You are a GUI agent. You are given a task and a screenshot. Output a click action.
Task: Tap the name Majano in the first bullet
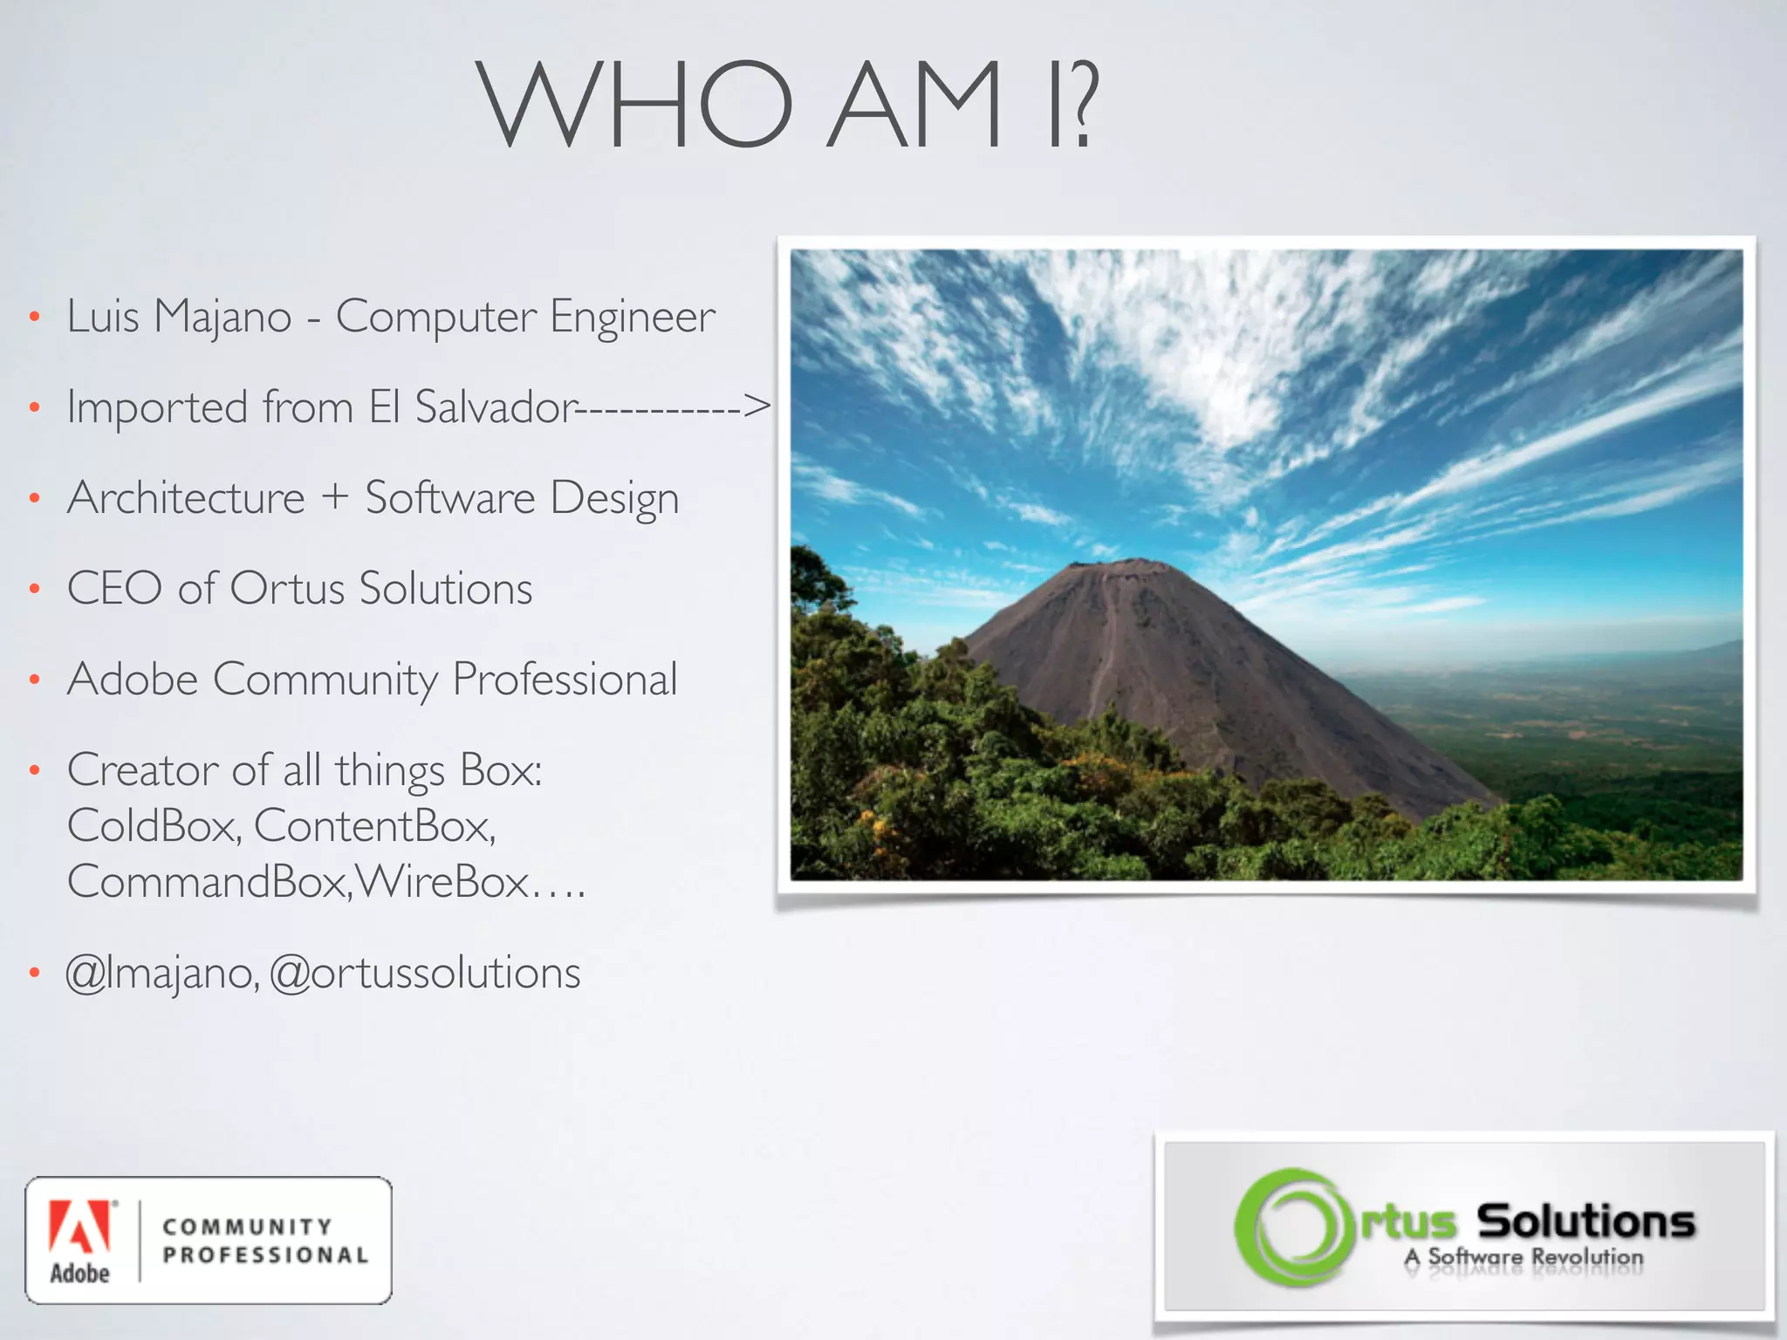coord(223,317)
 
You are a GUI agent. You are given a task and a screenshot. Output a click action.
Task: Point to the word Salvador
coord(494,407)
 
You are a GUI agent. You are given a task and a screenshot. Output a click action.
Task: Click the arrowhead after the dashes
coord(757,405)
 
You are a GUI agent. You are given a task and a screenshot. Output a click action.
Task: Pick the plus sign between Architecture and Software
coord(334,497)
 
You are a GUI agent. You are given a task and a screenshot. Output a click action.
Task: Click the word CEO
coord(114,588)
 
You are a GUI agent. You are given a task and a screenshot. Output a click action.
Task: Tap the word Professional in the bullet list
coord(565,680)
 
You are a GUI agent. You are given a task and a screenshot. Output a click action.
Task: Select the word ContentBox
coord(374,825)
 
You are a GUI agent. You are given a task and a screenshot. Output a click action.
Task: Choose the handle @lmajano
coord(162,974)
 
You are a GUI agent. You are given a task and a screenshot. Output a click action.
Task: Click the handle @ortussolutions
coord(425,974)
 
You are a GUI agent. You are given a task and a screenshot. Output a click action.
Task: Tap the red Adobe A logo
coord(79,1226)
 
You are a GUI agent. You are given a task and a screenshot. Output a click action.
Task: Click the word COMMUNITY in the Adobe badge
coord(248,1227)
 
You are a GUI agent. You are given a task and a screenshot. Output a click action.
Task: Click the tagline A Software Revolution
coord(1523,1258)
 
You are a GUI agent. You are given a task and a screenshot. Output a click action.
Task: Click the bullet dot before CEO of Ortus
coord(34,589)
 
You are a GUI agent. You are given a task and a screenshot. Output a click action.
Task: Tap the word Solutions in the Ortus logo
coord(1585,1220)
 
